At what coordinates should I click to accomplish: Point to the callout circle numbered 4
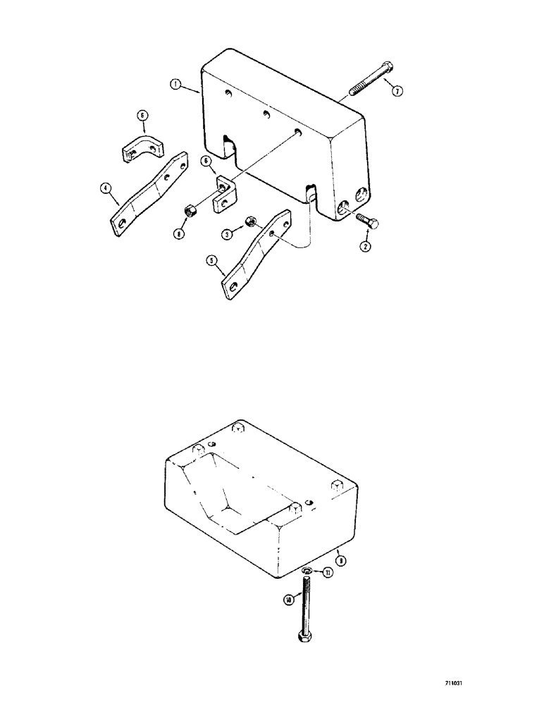coord(105,188)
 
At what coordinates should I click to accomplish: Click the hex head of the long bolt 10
coord(304,637)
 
